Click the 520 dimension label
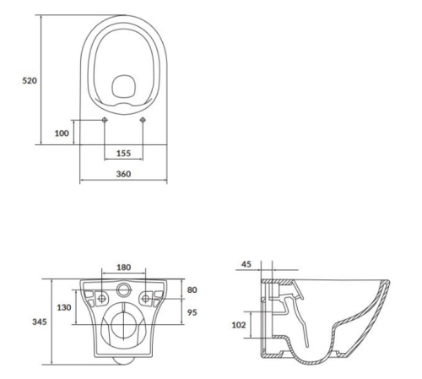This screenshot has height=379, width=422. click(x=30, y=81)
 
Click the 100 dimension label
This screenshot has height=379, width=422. click(x=62, y=133)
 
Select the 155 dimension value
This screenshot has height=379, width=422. click(x=123, y=154)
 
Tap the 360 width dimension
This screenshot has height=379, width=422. click(x=123, y=174)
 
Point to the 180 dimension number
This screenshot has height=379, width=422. click(x=124, y=267)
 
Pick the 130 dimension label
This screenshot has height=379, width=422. click(x=64, y=307)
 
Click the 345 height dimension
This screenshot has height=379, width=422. click(x=40, y=322)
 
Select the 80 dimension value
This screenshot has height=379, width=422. click(x=192, y=290)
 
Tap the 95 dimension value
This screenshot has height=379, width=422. click(x=192, y=312)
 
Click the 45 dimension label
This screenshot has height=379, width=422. click(x=246, y=264)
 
